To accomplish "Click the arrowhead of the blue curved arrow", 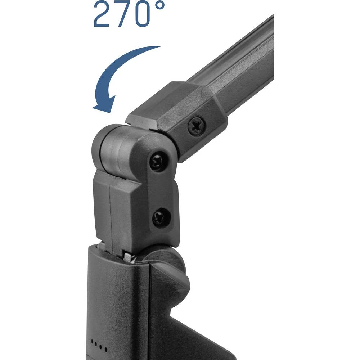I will click(103, 104).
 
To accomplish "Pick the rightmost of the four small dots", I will click(107, 349).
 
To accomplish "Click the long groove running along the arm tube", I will click(245, 72).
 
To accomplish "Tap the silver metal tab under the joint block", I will click(128, 256).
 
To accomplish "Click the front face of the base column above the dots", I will click(115, 299).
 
